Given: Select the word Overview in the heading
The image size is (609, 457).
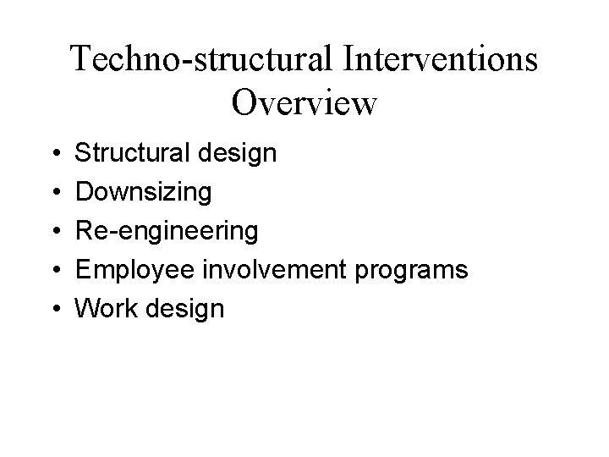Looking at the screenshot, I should pos(304,102).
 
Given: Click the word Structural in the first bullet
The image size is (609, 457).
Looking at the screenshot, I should pos(129,154).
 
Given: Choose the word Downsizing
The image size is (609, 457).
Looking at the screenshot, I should pos(144,193).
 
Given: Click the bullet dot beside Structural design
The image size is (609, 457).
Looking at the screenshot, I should pos(55,155).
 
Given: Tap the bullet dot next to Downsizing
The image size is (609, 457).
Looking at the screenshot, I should pos(55,194).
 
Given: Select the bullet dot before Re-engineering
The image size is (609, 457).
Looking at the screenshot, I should pos(55,233).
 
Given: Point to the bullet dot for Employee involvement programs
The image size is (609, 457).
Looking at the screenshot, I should pos(55,272).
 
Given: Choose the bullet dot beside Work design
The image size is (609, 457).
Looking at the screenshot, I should pos(55,310).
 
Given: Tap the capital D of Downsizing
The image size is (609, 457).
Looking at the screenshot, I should pos(84,192).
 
